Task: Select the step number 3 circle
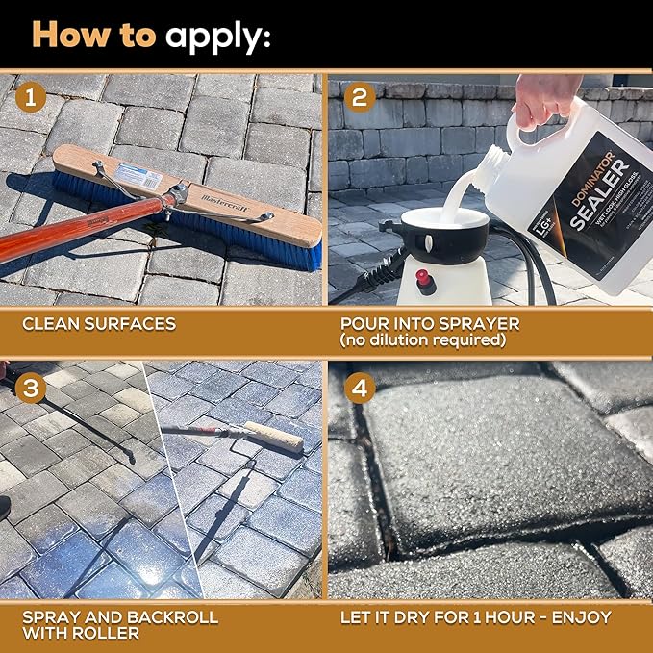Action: click(x=32, y=387)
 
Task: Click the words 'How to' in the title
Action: click(x=93, y=35)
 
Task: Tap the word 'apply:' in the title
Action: click(x=218, y=37)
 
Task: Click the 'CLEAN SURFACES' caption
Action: click(x=99, y=323)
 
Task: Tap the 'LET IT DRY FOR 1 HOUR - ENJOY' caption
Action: click(x=476, y=615)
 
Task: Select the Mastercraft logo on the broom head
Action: click(x=226, y=203)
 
